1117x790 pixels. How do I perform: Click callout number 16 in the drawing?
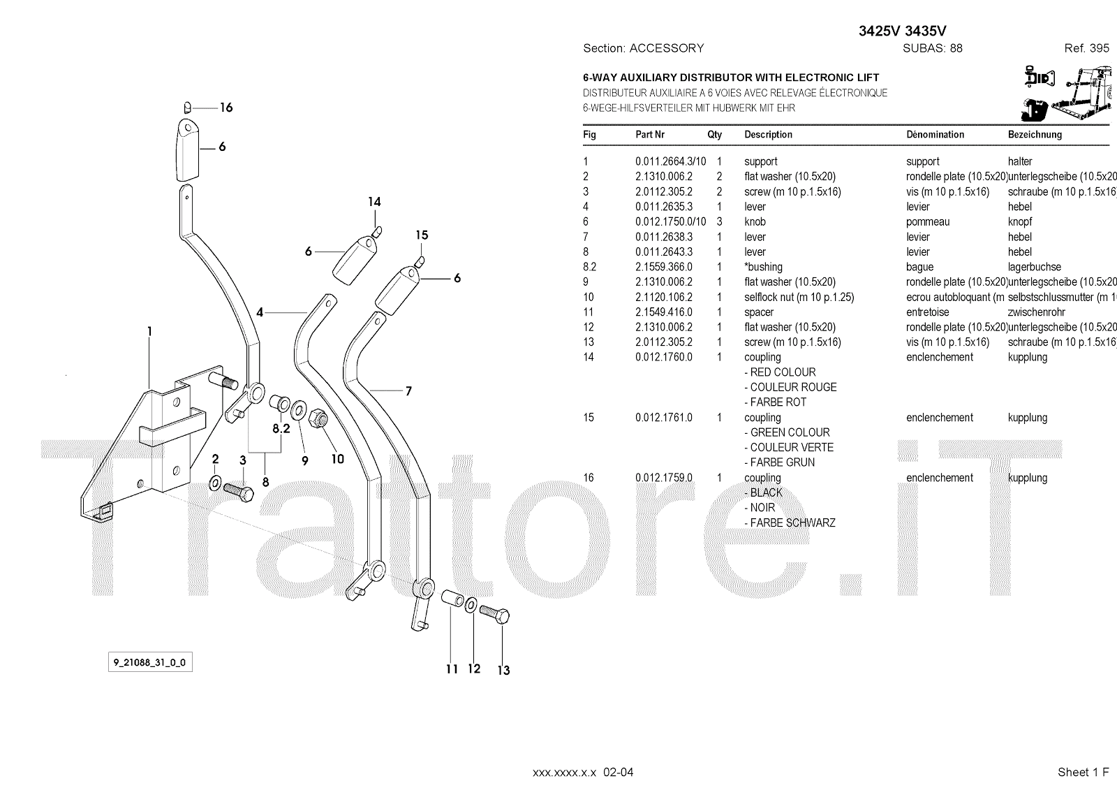(225, 108)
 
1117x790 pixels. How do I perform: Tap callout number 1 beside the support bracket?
(149, 331)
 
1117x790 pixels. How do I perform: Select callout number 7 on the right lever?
(408, 391)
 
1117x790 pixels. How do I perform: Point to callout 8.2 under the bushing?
(281, 428)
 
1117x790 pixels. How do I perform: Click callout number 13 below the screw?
(503, 671)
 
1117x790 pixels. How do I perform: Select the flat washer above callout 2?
(215, 482)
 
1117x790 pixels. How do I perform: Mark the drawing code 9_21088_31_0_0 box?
(150, 662)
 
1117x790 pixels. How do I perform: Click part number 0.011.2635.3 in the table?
(663, 207)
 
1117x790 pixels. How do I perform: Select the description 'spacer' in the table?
(759, 312)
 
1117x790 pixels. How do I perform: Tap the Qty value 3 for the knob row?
(719, 222)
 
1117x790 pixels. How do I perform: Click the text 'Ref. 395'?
(1086, 48)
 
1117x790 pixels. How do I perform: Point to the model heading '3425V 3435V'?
(902, 31)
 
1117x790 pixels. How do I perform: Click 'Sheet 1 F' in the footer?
(1083, 772)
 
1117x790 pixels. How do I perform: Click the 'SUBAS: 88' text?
(932, 48)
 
